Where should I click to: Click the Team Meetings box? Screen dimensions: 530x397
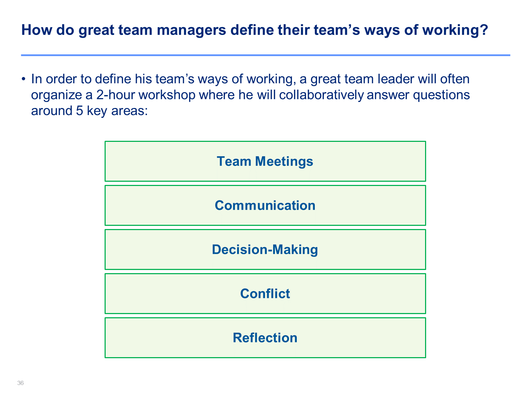click(265, 161)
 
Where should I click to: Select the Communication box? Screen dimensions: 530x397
click(265, 205)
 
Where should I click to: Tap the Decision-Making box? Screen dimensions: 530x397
click(265, 249)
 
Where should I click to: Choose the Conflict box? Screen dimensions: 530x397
click(265, 293)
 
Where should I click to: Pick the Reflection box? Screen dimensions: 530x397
click(265, 337)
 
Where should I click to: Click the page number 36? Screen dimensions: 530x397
click(20, 383)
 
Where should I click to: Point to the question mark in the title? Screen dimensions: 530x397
click(483, 30)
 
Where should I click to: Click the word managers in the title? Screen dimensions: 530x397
click(191, 31)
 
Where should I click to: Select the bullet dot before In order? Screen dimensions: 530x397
click(23, 79)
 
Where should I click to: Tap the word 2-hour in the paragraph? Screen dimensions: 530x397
click(116, 95)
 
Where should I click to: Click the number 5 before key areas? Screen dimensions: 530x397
click(79, 111)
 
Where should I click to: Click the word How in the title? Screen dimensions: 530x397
click(37, 30)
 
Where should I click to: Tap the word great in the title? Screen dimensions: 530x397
click(96, 31)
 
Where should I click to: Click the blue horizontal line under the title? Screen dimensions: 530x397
click(266, 55)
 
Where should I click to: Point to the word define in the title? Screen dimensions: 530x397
click(252, 30)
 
